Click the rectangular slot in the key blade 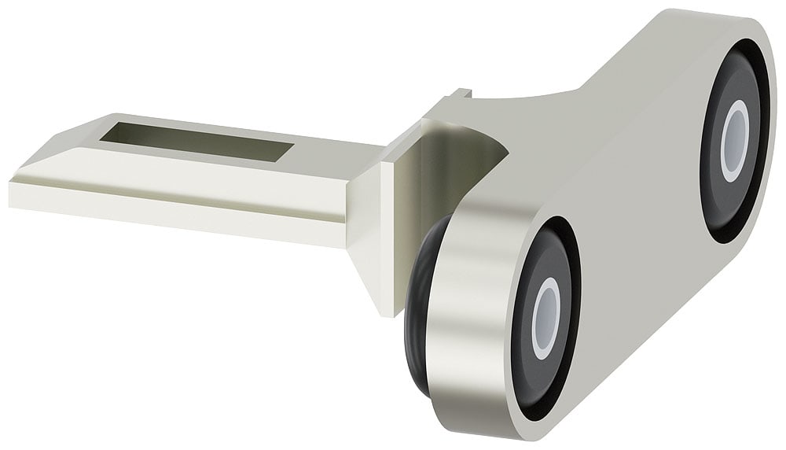click(196, 142)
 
